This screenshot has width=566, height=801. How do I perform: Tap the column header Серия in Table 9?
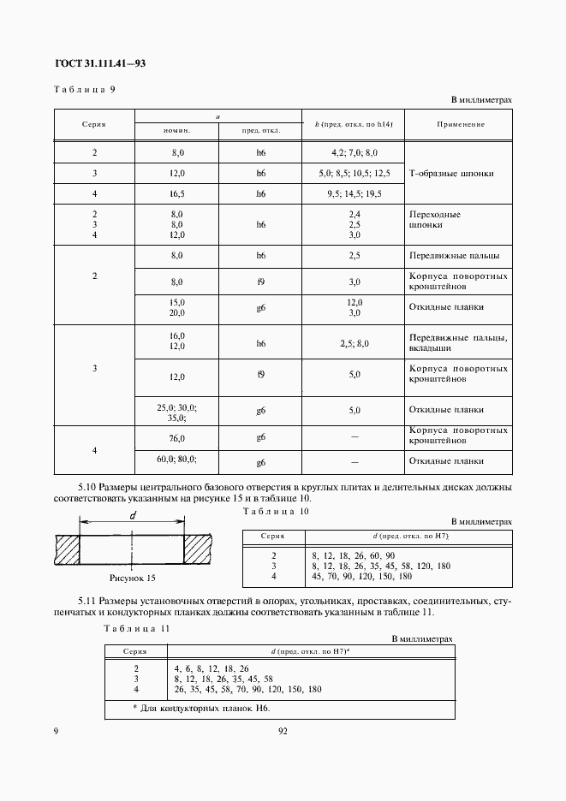coord(93,124)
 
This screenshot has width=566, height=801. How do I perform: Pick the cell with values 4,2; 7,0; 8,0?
coord(354,152)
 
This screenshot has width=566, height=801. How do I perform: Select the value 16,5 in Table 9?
coord(177,194)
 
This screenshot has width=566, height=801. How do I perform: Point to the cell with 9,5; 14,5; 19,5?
coord(354,194)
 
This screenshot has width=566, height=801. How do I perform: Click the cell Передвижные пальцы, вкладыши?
coord(458,343)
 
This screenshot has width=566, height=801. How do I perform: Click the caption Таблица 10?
coord(276,511)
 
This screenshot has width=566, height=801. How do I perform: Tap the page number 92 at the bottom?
coord(283,732)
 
